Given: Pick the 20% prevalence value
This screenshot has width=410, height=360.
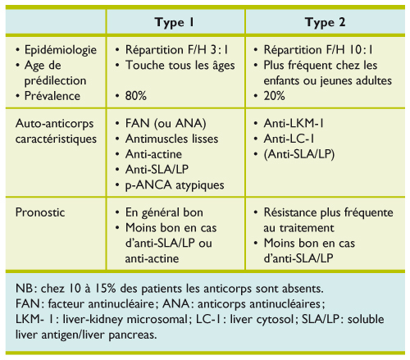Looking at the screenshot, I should (277, 95).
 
